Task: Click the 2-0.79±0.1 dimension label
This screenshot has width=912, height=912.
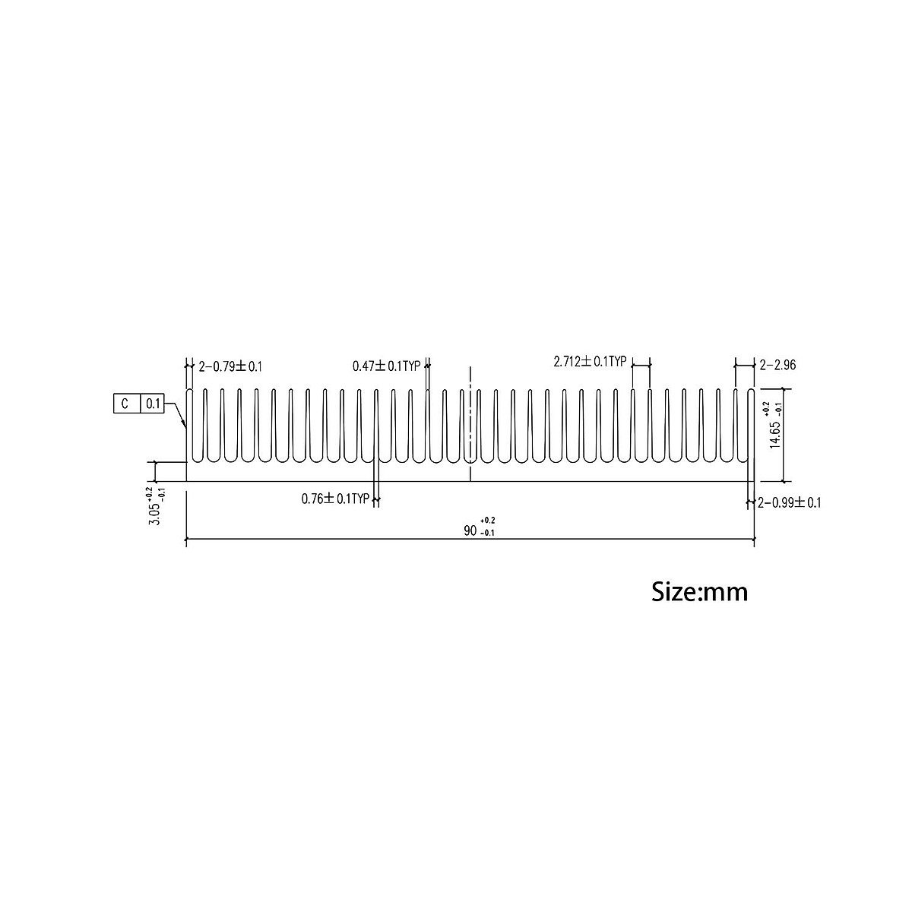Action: (x=230, y=366)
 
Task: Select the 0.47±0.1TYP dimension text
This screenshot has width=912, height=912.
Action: (x=386, y=366)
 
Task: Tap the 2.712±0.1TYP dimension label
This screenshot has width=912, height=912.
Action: (x=589, y=362)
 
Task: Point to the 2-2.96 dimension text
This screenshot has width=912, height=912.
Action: (x=777, y=366)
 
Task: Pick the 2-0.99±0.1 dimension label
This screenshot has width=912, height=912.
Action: (x=790, y=502)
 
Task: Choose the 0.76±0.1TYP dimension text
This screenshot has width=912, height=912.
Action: (x=335, y=499)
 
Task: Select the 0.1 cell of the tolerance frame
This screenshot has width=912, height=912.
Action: (x=152, y=404)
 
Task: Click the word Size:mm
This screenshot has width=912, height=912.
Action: (x=699, y=591)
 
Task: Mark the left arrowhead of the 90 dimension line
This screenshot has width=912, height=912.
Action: (x=189, y=540)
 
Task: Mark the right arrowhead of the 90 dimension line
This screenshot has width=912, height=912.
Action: (x=752, y=540)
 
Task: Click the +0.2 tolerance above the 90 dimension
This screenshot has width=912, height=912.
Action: (x=487, y=520)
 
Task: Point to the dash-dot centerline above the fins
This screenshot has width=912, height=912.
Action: (x=470, y=375)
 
